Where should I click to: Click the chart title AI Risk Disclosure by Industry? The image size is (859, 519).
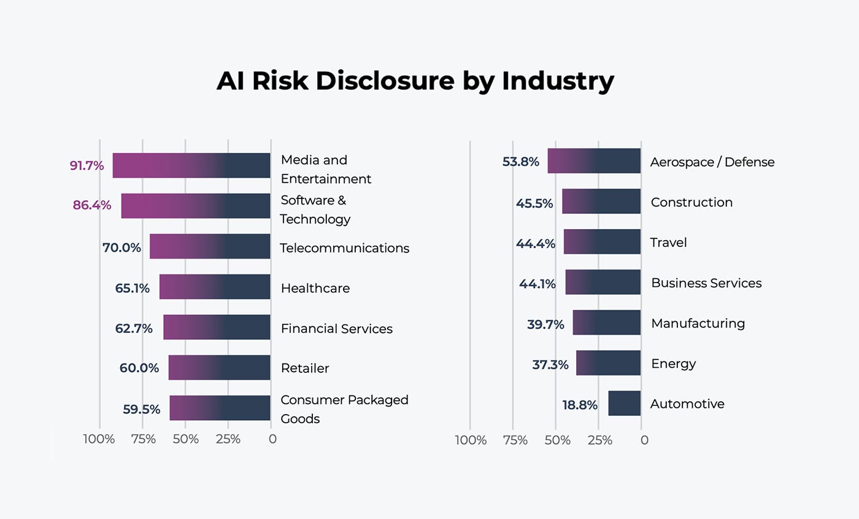[415, 80]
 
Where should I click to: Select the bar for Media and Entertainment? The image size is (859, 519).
[191, 165]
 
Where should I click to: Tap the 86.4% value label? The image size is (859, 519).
[92, 205]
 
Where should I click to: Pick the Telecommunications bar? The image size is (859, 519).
[210, 246]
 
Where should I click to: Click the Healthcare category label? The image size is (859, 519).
[315, 288]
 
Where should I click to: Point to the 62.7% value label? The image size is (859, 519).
[134, 329]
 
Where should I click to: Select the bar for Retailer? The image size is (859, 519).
[219, 367]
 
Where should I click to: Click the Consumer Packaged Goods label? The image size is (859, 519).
[344, 409]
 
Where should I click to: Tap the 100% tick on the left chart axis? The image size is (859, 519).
[99, 439]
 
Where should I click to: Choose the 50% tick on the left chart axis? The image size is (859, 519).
[185, 439]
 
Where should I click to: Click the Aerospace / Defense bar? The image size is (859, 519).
[594, 161]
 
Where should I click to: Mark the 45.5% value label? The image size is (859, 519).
[534, 203]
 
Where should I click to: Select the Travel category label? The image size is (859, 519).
[668, 243]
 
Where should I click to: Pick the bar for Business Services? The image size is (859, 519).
[603, 282]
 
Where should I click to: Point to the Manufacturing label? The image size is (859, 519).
[698, 323]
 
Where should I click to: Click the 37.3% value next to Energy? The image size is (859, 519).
[550, 365]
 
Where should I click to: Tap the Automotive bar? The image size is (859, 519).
[624, 403]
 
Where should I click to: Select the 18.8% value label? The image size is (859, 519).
[580, 405]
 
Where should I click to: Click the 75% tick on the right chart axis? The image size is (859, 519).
[515, 440]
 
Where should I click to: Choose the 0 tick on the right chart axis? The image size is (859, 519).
[644, 440]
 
